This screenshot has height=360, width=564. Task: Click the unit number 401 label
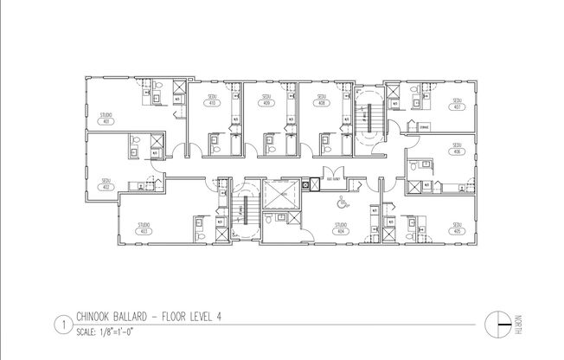[x=106, y=120]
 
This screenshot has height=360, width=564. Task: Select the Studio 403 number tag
[x=144, y=231]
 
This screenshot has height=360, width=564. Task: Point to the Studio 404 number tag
[x=342, y=230]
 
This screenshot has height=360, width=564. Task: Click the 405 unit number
[x=455, y=231]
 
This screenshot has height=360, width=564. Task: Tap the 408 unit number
[x=322, y=103]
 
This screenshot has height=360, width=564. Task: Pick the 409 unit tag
[x=266, y=103]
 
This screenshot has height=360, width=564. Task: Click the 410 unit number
[x=212, y=103]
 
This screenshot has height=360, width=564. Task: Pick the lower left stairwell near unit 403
[x=244, y=214]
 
